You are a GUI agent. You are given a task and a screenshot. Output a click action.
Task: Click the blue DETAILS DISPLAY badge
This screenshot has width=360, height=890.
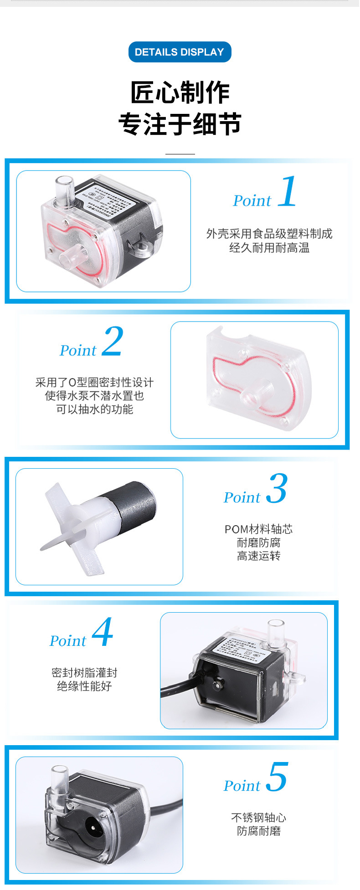tap(180, 52)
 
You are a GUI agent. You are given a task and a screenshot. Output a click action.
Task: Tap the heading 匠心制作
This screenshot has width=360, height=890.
tap(180, 92)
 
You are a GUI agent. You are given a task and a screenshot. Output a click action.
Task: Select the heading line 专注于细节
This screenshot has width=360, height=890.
tap(180, 124)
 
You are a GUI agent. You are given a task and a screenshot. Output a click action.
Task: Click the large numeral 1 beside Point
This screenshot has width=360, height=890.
tap(288, 192)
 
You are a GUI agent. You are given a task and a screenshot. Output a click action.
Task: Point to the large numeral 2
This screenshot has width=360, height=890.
tap(113, 342)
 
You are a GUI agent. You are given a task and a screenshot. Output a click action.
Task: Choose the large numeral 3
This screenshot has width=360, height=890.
tap(277, 488)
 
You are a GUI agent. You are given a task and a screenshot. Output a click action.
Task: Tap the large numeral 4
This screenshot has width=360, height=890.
tap(103, 632)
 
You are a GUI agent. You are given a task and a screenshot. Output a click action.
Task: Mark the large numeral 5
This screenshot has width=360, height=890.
tap(277, 777)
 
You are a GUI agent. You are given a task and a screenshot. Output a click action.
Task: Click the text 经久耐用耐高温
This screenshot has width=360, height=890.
tap(269, 248)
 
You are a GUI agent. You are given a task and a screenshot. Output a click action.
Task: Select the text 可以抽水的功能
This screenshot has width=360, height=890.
tap(94, 409)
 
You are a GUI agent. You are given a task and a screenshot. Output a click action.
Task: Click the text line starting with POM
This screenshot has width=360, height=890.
tap(258, 529)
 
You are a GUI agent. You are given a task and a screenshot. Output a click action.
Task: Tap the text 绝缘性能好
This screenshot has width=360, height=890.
tap(84, 686)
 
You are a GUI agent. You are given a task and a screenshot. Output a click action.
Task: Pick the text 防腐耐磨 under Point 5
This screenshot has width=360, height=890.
tap(258, 831)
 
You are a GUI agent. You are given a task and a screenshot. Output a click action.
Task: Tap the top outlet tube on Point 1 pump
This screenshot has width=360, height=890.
tap(64, 188)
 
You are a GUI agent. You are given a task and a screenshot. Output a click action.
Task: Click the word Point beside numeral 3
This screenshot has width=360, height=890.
tap(242, 497)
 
